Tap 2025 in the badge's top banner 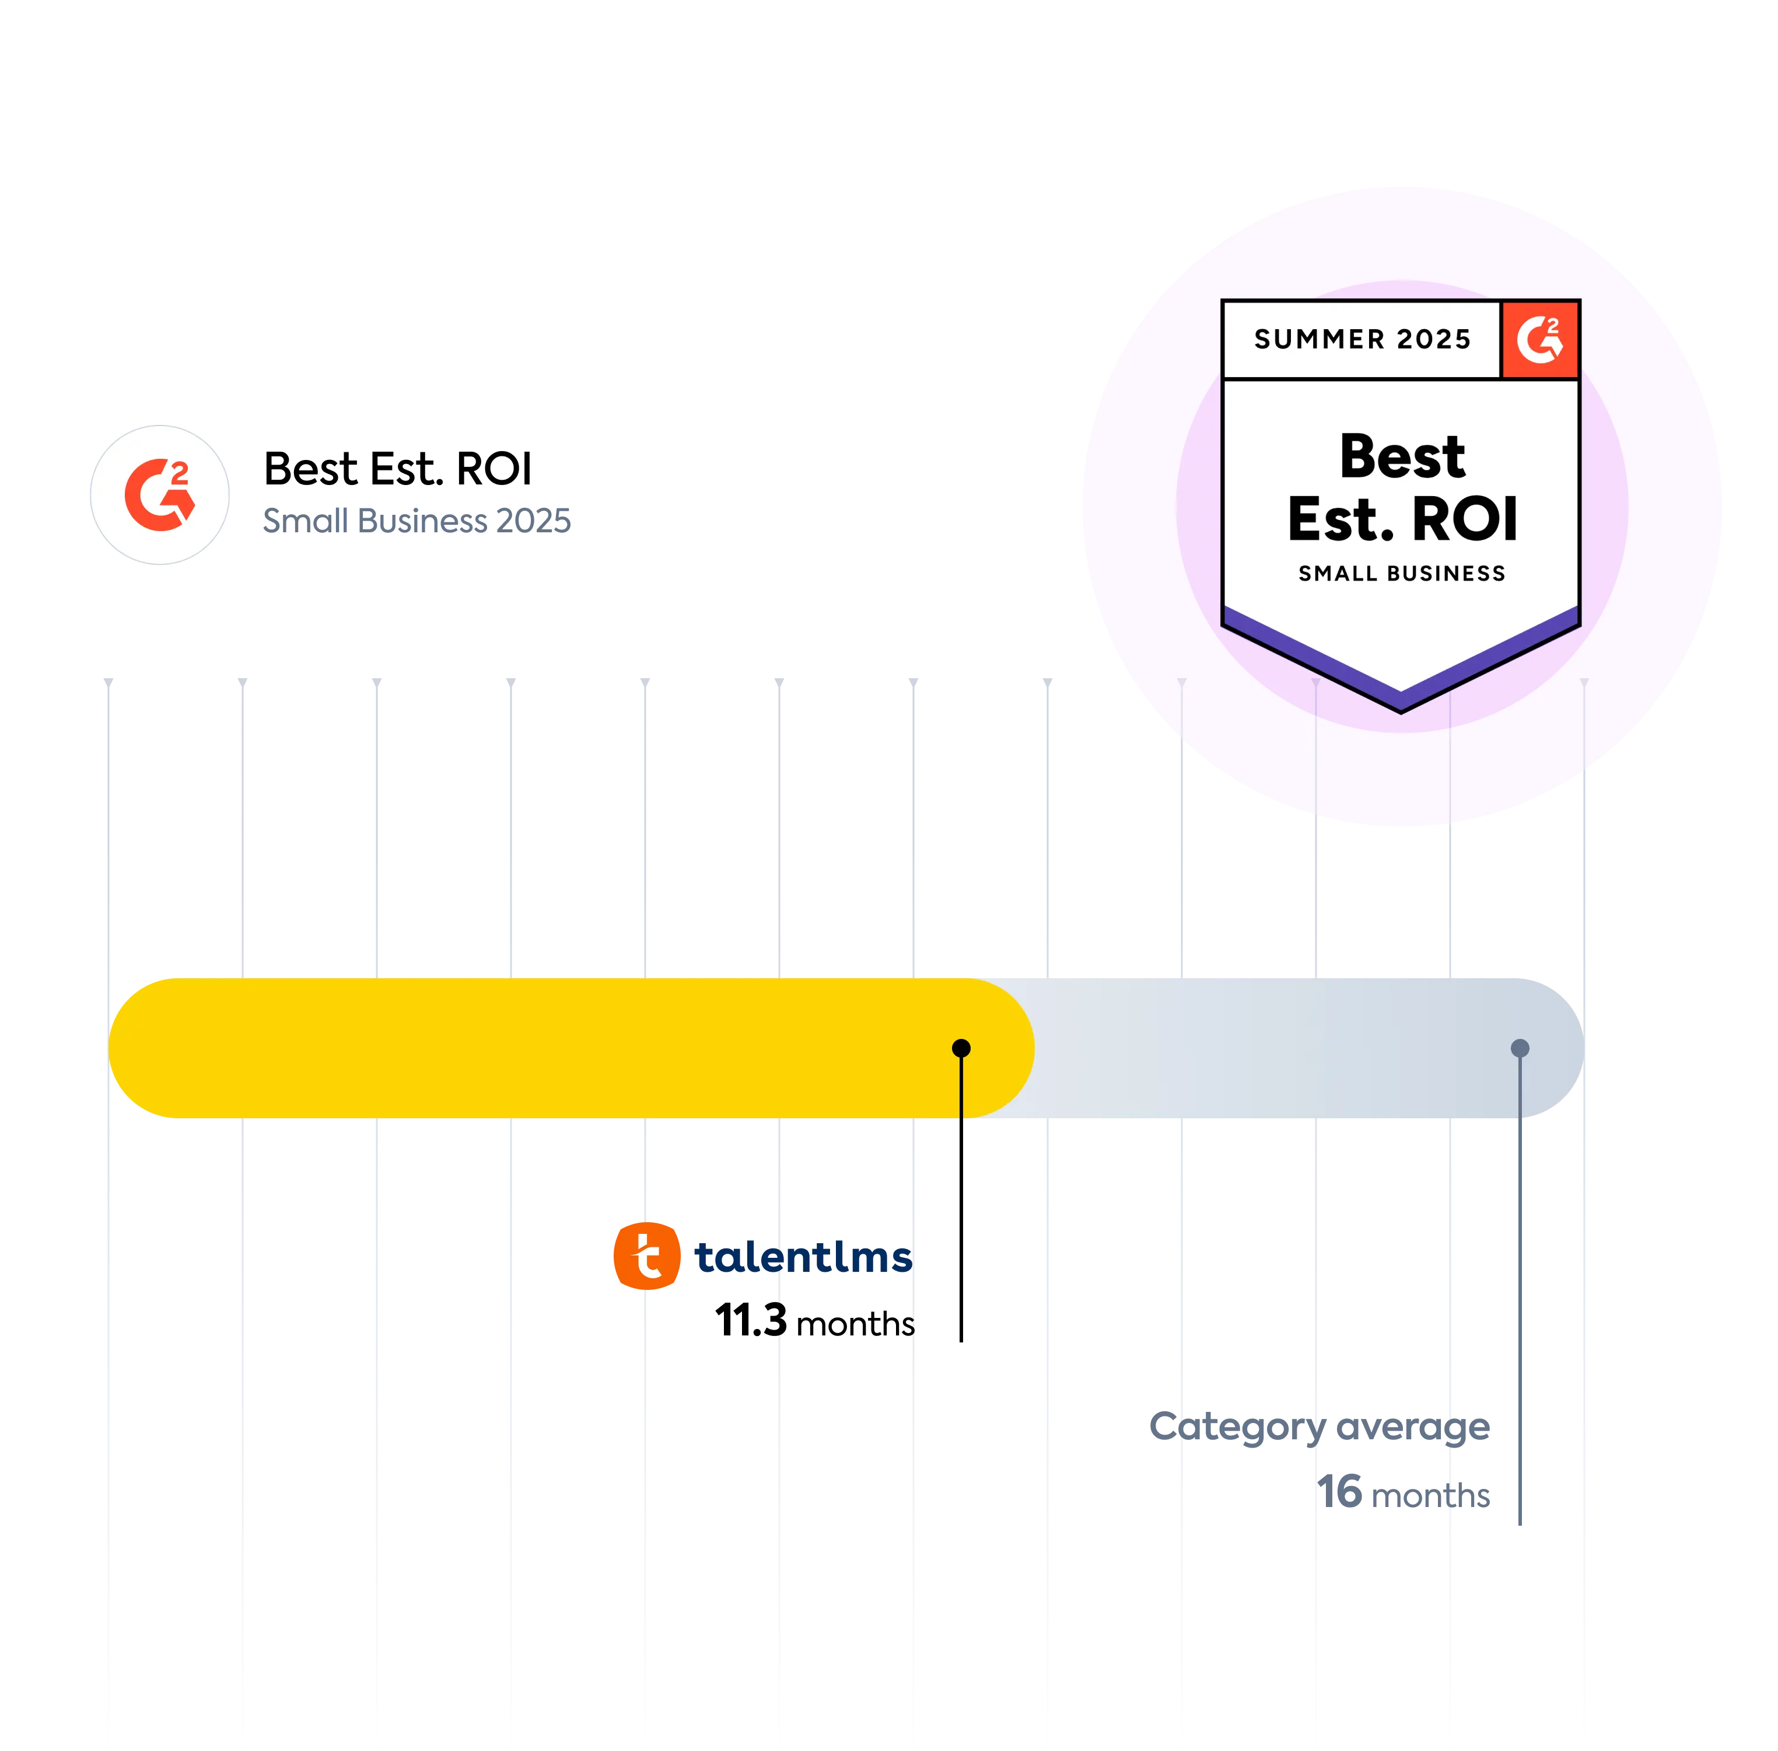pos(1434,339)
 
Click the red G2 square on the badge pos(1540,339)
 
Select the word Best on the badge pos(1402,456)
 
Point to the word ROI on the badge pos(1465,521)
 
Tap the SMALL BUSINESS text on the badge pos(1402,574)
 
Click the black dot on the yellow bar pos(961,1048)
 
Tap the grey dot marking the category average pos(1520,1048)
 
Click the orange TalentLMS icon pos(646,1256)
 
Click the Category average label pos(1319,1426)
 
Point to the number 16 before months pos(1341,1492)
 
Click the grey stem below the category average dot pos(1521,1288)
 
